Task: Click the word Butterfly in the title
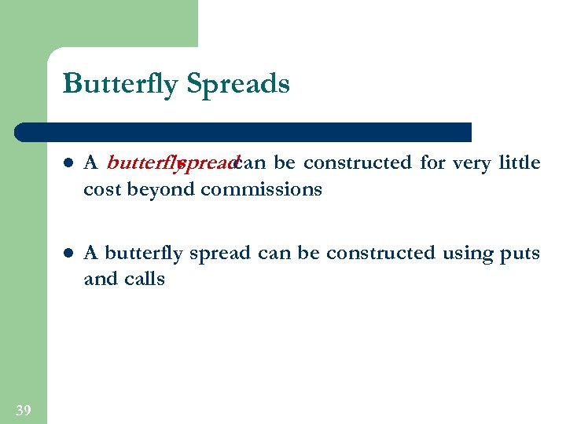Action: click(120, 83)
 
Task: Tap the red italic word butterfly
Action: click(141, 163)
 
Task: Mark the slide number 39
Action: click(24, 410)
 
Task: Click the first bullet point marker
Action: click(68, 164)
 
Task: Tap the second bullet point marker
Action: click(68, 254)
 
